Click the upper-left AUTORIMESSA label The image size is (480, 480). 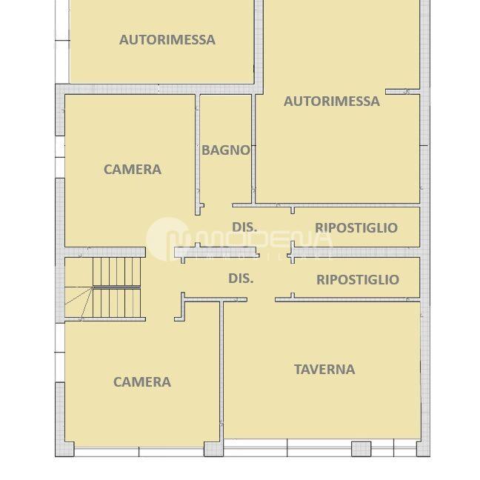click(167, 40)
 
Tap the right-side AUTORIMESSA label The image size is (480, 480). click(331, 101)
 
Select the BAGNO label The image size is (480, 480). click(226, 150)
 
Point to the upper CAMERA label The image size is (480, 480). click(132, 170)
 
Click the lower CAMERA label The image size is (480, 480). click(141, 382)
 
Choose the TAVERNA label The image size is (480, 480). click(324, 369)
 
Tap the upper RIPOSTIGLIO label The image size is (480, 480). click(356, 228)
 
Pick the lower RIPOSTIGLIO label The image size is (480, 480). click(357, 279)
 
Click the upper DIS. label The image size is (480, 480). click(244, 227)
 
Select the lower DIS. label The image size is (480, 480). click(241, 279)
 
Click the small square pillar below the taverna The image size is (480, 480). click(361, 448)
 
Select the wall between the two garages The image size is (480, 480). click(259, 44)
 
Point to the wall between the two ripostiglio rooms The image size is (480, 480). click(356, 253)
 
